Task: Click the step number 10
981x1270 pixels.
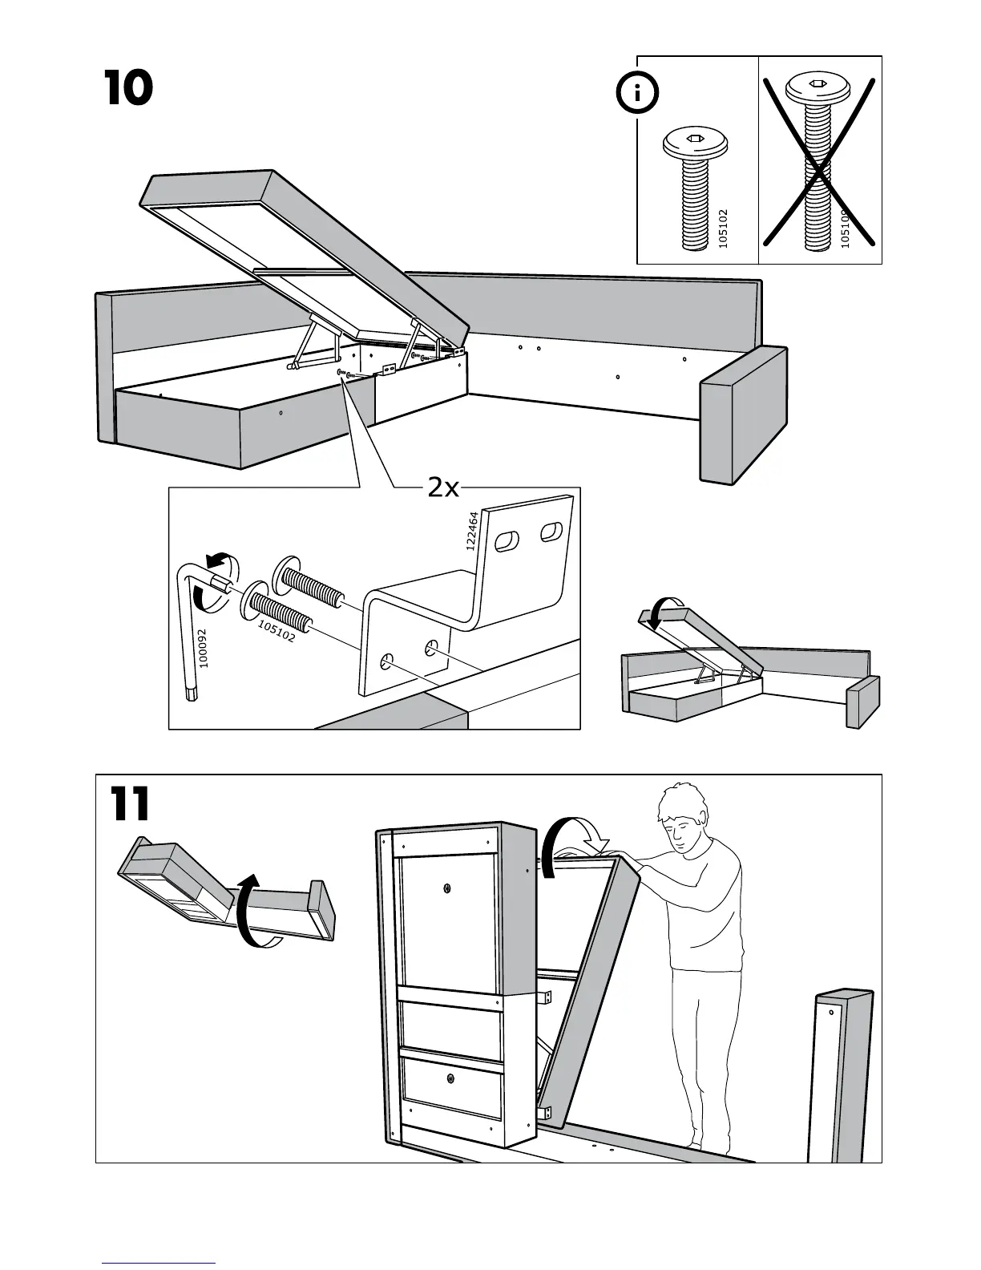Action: tap(128, 88)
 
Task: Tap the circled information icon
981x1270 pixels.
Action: tap(637, 95)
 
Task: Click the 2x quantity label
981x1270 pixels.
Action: tap(443, 487)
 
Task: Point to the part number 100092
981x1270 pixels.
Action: tap(203, 649)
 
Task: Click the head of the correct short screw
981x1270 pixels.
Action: tap(694, 145)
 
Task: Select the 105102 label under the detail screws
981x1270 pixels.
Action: tap(277, 632)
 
